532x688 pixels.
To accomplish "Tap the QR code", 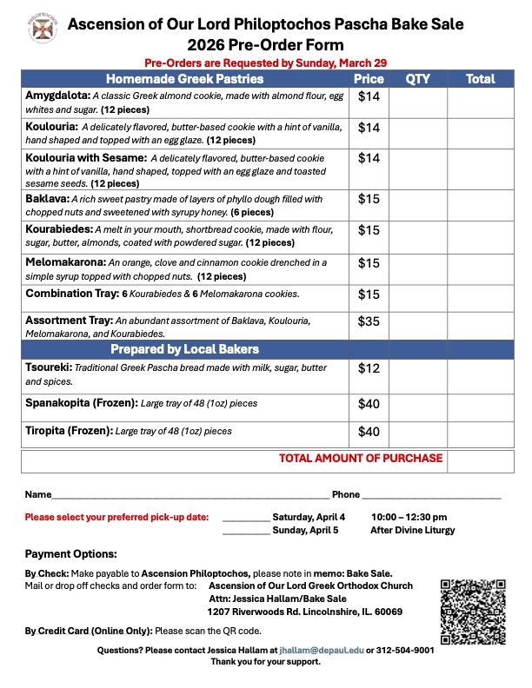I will coord(473,611).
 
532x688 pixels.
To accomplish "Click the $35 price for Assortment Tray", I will coord(369,321).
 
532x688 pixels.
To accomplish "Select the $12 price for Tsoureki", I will coord(369,368).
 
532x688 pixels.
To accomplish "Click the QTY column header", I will coord(417,79).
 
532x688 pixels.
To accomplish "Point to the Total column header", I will coord(480,79).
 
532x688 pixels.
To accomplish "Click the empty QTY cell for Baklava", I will coord(417,205).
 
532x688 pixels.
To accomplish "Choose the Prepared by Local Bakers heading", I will coord(184,349).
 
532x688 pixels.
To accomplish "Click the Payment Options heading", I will coord(70,554).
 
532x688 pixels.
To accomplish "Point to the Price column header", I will coord(369,79).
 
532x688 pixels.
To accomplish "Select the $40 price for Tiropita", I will coord(369,431).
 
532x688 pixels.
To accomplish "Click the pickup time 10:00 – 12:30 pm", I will coord(409,517).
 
